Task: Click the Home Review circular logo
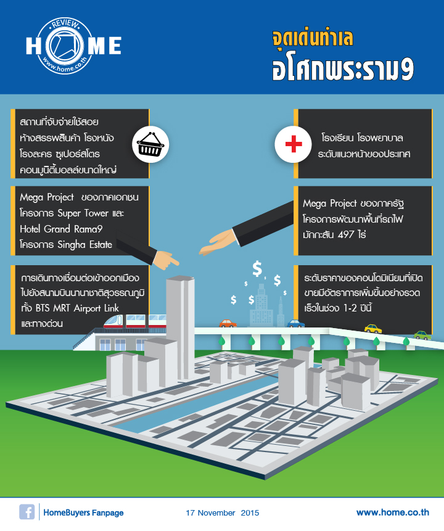(x=64, y=46)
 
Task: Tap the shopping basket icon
(x=150, y=144)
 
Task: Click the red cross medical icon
(x=294, y=144)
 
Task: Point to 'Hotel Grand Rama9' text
(x=61, y=229)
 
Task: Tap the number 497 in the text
(x=346, y=234)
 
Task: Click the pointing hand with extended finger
(x=165, y=260)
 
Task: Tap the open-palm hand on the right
(x=218, y=242)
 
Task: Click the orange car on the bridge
(x=228, y=323)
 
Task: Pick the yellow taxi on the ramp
(x=373, y=329)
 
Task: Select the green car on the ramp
(x=422, y=335)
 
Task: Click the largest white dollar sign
(x=257, y=269)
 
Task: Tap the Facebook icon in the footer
(x=27, y=512)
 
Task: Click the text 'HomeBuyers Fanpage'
(x=83, y=512)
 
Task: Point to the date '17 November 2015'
(x=222, y=512)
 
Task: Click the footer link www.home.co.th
(x=393, y=512)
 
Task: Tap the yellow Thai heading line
(x=313, y=38)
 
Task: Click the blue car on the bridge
(x=295, y=323)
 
